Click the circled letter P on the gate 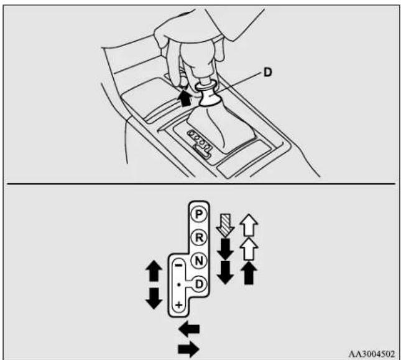(x=199, y=214)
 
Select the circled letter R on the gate (x=199, y=238)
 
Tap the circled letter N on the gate (x=199, y=261)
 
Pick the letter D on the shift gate (x=199, y=284)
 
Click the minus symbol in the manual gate (x=179, y=265)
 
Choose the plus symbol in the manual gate (x=179, y=305)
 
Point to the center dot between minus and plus (x=179, y=285)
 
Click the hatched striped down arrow (x=225, y=224)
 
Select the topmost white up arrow (x=249, y=225)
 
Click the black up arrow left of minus (x=154, y=270)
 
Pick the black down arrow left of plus (x=154, y=298)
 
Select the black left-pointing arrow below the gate (x=189, y=329)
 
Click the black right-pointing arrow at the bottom (x=188, y=349)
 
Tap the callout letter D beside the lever (x=267, y=72)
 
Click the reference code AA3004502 (x=372, y=354)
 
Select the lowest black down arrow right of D (x=225, y=272)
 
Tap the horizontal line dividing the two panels (x=201, y=183)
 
